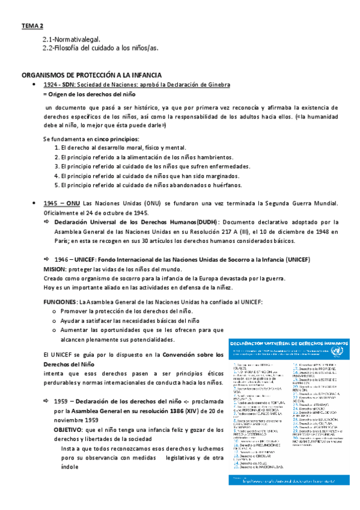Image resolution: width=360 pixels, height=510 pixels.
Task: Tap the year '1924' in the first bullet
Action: click(50, 85)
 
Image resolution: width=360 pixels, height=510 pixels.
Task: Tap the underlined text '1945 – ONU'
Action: click(61, 203)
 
